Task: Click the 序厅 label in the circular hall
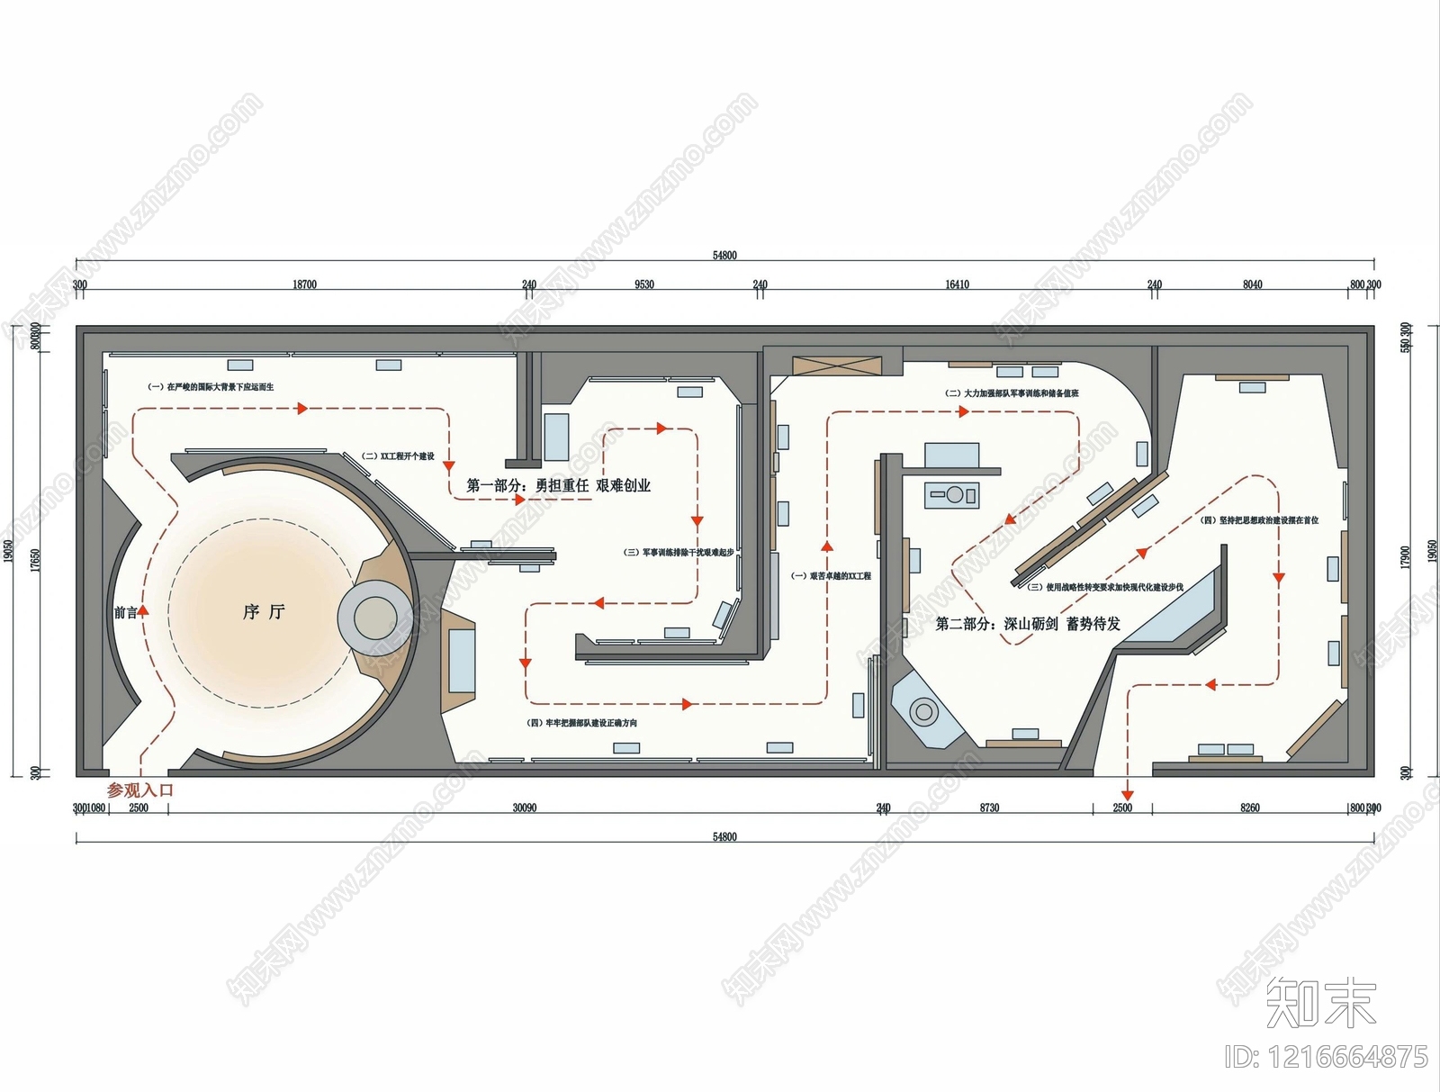tap(264, 612)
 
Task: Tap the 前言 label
tap(125, 613)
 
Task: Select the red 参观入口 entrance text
tap(139, 790)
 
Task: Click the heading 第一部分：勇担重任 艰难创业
tap(558, 485)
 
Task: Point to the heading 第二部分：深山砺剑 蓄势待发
tap(1028, 624)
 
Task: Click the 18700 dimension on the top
tap(304, 284)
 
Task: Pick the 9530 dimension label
tap(644, 284)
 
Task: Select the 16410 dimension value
tap(957, 284)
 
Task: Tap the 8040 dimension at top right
tap(1252, 284)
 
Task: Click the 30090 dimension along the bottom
tap(525, 808)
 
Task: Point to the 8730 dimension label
tap(989, 808)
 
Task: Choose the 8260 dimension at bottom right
tap(1250, 808)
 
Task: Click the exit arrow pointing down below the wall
tap(1128, 794)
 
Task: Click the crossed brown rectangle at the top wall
tap(835, 366)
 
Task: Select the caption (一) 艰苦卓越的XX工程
tap(831, 576)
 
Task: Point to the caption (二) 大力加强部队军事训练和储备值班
tap(1012, 393)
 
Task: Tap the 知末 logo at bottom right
tap(1320, 1002)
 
